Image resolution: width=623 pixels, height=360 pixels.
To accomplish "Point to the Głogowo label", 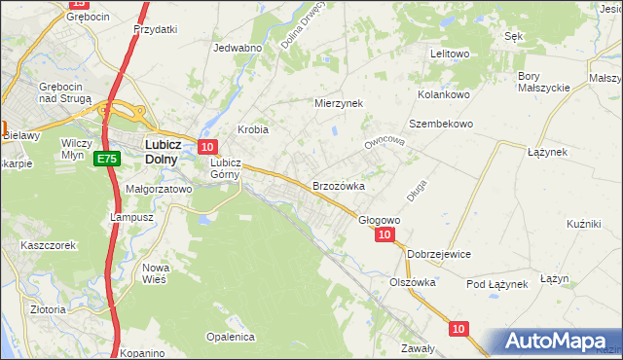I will coord(379,220).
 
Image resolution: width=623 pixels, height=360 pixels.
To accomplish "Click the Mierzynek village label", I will coord(338,102).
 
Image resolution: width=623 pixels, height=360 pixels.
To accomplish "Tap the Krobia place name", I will coord(253,129).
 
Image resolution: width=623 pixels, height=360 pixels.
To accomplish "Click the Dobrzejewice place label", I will coord(439,254).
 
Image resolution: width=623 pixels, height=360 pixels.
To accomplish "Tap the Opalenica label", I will coord(230,337).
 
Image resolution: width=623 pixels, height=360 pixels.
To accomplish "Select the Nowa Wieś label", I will coord(156,272).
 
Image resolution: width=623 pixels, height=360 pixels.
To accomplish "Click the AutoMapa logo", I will coord(556,342).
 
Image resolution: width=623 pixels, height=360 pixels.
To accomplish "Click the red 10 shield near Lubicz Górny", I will coord(206,147).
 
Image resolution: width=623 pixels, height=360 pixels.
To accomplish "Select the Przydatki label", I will coord(156,29).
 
